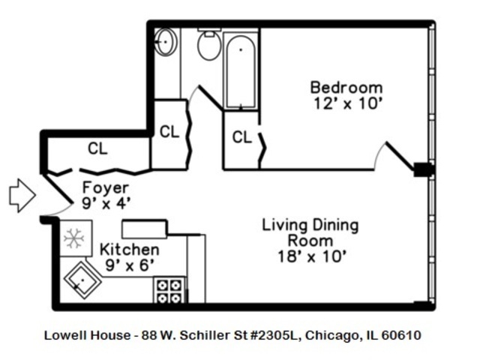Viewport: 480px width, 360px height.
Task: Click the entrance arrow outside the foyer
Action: (22, 195)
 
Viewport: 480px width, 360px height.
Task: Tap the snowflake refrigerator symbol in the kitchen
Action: (73, 238)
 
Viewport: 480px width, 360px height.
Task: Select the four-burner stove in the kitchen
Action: (169, 290)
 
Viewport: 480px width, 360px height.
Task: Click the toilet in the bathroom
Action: (208, 45)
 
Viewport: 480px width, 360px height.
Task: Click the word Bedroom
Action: (346, 87)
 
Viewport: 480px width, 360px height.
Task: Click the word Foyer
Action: (105, 187)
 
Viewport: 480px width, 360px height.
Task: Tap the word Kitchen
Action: (130, 249)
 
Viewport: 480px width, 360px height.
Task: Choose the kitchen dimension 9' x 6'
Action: (130, 264)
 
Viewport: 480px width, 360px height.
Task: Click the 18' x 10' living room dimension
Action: (310, 256)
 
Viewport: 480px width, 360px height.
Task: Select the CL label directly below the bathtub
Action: (241, 137)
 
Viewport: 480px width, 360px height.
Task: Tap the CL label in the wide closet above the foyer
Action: (97, 148)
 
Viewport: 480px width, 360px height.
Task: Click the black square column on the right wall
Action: (424, 169)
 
